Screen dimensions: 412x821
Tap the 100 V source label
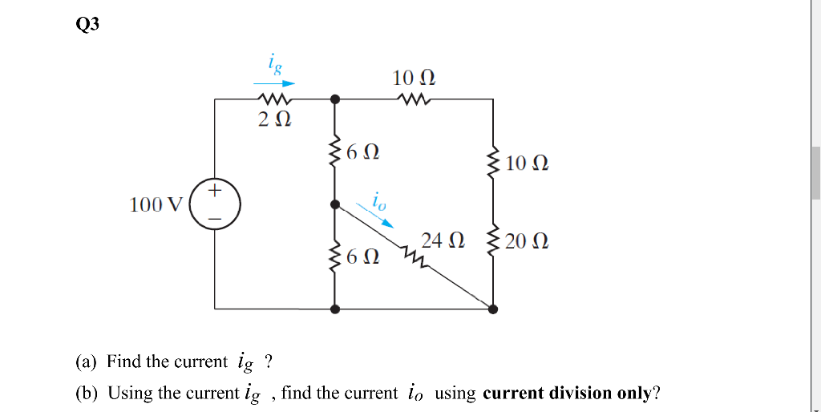(156, 204)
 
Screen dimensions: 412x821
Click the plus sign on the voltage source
(214, 191)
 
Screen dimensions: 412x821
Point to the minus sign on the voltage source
(214, 218)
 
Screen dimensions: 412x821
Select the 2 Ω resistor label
(273, 120)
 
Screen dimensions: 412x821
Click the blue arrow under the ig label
(274, 83)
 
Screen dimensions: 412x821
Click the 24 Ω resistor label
(443, 240)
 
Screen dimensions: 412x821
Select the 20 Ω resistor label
(527, 240)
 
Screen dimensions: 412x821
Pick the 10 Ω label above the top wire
(415, 79)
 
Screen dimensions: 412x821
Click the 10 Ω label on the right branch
(527, 164)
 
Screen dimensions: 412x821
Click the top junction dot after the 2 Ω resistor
(335, 99)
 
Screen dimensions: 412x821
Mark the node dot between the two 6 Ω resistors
(335, 204)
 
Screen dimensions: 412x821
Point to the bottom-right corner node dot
(491, 308)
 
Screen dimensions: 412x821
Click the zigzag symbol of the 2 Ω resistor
(273, 100)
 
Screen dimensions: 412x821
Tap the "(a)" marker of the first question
(86, 362)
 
